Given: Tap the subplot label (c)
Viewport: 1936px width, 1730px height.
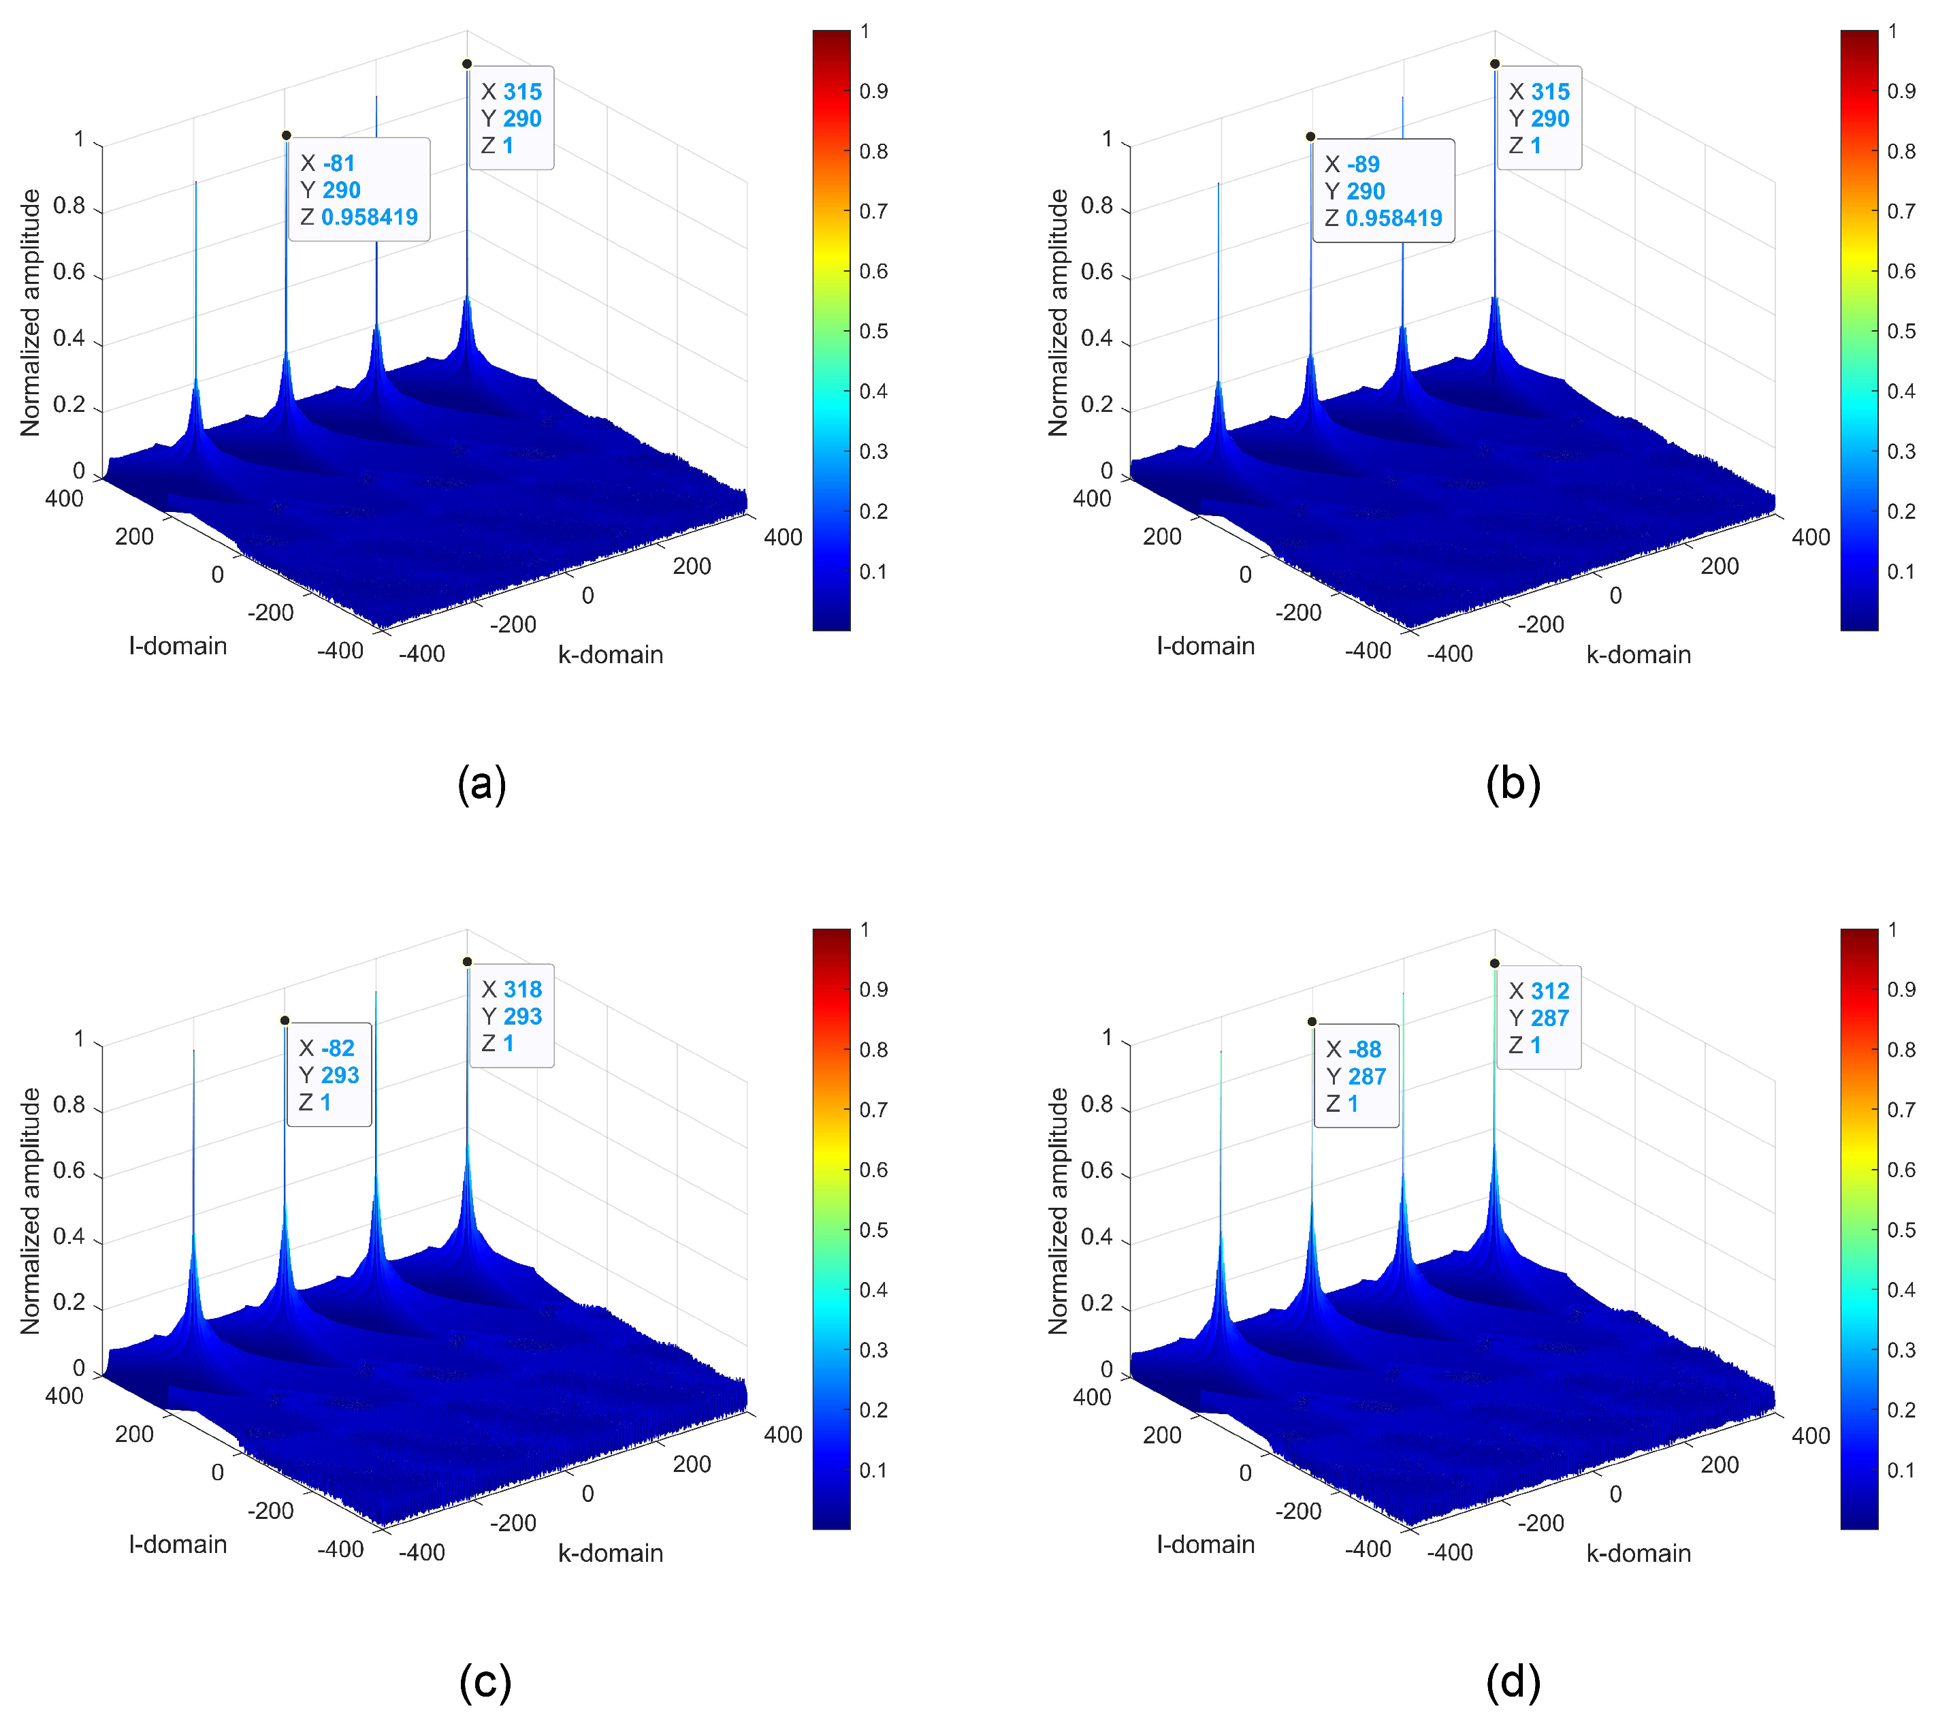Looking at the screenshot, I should tap(485, 1682).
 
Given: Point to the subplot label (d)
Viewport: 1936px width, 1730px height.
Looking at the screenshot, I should tap(1512, 1682).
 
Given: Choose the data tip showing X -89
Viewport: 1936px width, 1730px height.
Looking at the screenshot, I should tap(1383, 191).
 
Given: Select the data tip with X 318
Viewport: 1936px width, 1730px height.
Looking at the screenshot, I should tap(511, 1016).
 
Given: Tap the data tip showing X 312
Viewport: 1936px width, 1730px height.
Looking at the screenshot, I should tap(1538, 1018).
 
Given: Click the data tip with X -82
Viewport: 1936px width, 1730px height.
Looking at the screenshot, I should tap(329, 1075).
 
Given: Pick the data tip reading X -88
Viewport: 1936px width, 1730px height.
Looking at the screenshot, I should tap(1356, 1076).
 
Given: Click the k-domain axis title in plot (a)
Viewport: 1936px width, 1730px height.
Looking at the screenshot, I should tap(610, 655).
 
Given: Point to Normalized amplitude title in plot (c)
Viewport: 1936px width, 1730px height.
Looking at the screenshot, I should tap(31, 1211).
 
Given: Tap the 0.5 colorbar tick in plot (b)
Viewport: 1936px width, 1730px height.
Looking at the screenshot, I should tap(1901, 331).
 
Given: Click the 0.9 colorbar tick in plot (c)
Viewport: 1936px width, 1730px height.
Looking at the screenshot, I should tap(873, 989).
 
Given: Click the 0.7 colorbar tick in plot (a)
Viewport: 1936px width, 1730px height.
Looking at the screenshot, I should tap(873, 211).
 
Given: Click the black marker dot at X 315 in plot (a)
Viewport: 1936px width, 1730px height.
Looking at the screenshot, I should tap(467, 64).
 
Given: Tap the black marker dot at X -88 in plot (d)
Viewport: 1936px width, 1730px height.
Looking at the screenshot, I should tap(1312, 1022).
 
